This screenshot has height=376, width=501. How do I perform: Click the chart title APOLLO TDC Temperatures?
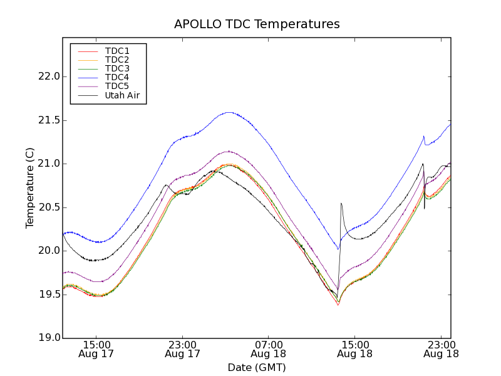click(x=257, y=24)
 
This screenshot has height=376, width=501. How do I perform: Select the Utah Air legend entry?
click(x=122, y=95)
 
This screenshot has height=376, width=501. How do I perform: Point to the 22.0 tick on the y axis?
click(x=49, y=76)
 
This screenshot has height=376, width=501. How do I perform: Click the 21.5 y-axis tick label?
click(x=49, y=120)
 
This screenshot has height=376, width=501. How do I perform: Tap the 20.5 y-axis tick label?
click(x=49, y=207)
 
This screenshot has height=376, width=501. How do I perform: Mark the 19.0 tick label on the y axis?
click(x=49, y=338)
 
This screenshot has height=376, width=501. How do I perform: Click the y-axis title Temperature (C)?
click(x=30, y=188)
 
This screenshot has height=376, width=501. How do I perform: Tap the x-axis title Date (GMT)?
click(x=257, y=367)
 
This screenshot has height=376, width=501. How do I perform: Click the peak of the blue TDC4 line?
click(x=229, y=112)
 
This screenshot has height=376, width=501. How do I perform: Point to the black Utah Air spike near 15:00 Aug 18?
click(x=341, y=203)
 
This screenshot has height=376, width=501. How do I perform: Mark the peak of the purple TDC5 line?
click(x=229, y=151)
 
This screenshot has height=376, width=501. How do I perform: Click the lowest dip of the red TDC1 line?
click(x=338, y=305)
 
